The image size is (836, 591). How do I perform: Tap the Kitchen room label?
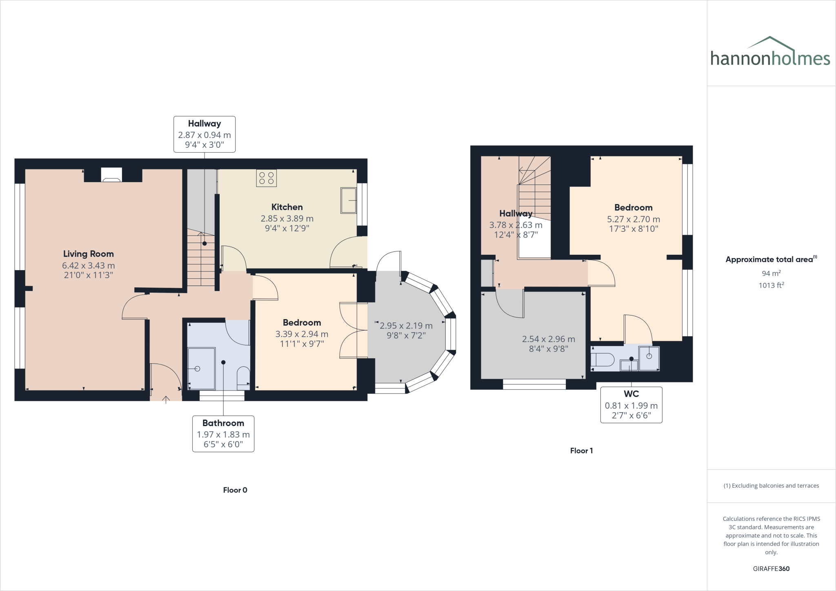[x=287, y=207]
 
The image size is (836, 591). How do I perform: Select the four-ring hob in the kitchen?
[x=266, y=178]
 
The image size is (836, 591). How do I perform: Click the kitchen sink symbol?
[x=348, y=200]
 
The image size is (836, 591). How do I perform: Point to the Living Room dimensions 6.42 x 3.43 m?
[x=89, y=265]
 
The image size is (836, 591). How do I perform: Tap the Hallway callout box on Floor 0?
[x=204, y=134]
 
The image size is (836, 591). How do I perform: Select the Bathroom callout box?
[x=223, y=434]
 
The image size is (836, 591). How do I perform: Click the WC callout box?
[x=631, y=405]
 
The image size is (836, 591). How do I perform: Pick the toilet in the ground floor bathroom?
[x=244, y=375]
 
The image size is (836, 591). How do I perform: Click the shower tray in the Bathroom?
[x=201, y=369]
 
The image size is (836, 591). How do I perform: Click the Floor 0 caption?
[x=235, y=490]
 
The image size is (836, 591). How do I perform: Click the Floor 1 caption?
[x=581, y=451]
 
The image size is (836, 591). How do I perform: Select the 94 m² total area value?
[x=771, y=273]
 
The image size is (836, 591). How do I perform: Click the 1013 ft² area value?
[x=771, y=285]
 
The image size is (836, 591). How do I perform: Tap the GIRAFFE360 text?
[x=771, y=569]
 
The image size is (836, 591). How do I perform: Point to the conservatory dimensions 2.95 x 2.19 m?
[x=406, y=326]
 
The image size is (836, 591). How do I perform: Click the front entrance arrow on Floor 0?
[x=166, y=399]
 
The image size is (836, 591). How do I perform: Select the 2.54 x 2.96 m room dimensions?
[x=549, y=339]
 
